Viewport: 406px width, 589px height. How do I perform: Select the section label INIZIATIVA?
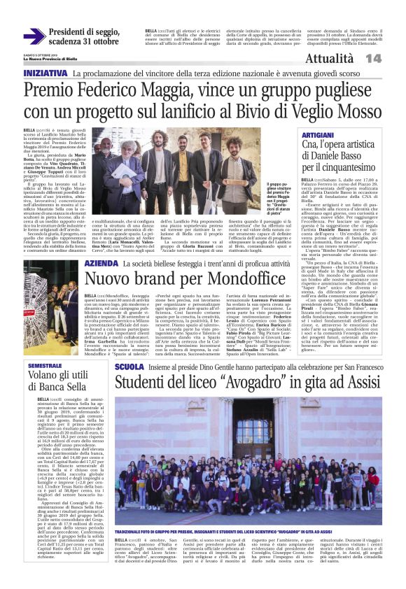point(45,73)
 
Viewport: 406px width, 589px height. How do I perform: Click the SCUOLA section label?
point(129,367)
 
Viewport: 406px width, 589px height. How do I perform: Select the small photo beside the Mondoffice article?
point(63,298)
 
